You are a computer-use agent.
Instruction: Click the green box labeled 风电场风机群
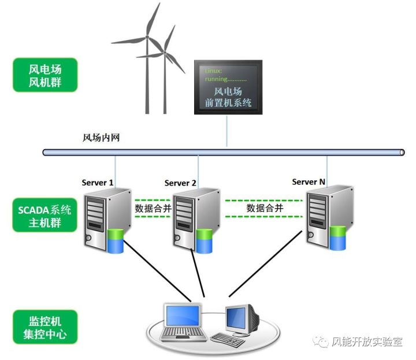coord(45,75)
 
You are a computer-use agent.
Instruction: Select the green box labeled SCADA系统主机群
coord(44,215)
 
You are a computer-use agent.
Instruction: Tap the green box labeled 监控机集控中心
coord(45,327)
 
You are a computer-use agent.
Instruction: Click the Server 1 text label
coord(98,183)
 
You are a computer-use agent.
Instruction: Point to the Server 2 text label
coord(180,183)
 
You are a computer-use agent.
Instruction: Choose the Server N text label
coord(309,182)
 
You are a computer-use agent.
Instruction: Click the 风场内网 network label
coord(101,138)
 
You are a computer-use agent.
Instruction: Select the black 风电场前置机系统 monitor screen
coord(228,87)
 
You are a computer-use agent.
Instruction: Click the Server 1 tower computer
coord(107,220)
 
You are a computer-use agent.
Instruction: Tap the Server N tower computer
coord(330,217)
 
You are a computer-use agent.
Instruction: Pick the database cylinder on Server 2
coord(204,241)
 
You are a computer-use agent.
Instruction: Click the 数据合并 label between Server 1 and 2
coord(153,209)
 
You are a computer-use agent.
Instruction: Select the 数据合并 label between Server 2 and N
coord(265,208)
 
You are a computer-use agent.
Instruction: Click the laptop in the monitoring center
coord(183,322)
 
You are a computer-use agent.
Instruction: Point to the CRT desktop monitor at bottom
coord(242,321)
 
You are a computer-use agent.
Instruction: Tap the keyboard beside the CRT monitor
coord(228,340)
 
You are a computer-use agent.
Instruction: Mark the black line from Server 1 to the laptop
coord(157,270)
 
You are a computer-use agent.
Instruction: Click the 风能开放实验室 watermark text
coord(367,342)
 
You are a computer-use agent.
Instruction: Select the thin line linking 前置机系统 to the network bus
coord(227,131)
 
